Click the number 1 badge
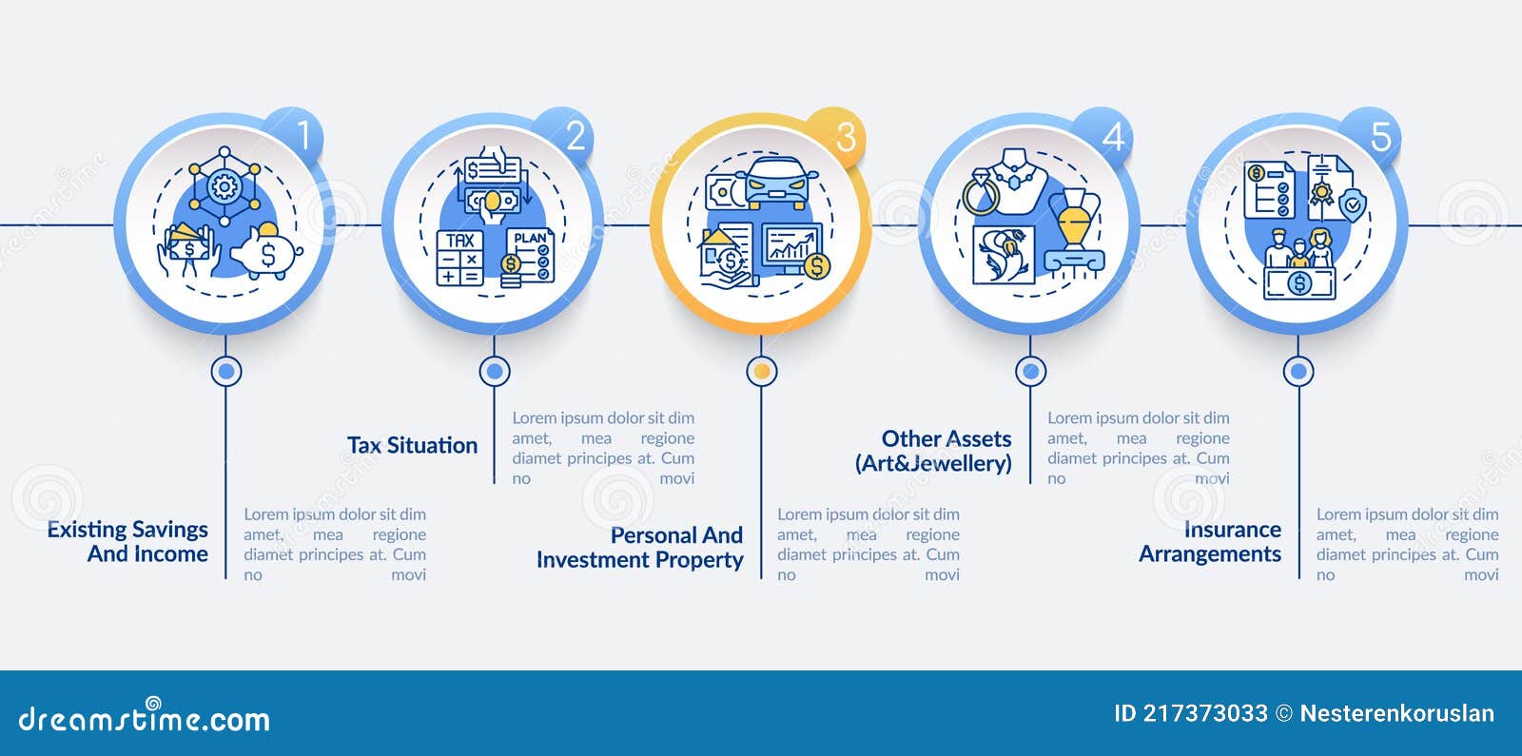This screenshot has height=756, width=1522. (x=294, y=137)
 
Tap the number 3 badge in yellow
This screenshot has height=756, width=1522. (x=836, y=137)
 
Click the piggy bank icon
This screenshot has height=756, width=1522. (x=267, y=252)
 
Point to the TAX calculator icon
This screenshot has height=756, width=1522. (x=460, y=258)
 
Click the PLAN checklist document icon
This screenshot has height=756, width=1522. (x=530, y=256)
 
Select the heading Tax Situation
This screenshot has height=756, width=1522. (x=413, y=446)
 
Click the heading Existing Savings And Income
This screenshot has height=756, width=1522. (x=127, y=541)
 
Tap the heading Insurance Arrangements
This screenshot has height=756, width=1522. (x=1210, y=541)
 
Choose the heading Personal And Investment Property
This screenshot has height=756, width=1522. (x=640, y=548)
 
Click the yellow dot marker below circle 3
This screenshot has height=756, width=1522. (x=762, y=371)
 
